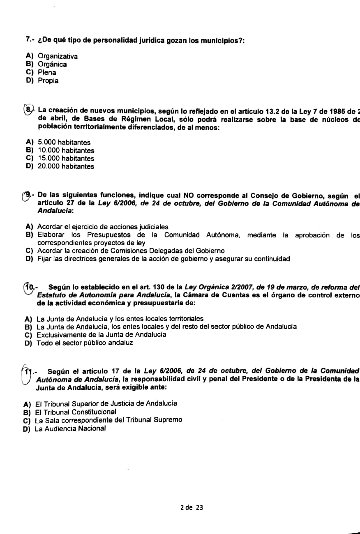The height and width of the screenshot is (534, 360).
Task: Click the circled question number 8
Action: point(28,110)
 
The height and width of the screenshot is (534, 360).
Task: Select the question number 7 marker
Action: point(29,40)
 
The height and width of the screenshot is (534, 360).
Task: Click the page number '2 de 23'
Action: point(192,507)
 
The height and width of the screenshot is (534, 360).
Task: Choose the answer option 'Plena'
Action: point(47,73)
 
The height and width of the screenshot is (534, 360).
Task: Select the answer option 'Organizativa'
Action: point(58,56)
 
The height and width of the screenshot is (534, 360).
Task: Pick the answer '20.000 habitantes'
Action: point(66,166)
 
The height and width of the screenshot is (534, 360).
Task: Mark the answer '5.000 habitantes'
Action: point(64,143)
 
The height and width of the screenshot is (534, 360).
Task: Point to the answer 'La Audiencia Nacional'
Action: point(70,428)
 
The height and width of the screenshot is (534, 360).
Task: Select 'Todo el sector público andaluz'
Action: point(85,343)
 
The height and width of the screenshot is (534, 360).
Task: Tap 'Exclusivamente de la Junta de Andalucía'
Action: point(101,335)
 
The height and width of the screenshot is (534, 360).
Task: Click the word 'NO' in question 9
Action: point(189,196)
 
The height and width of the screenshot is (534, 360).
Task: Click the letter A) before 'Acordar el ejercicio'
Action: point(29,227)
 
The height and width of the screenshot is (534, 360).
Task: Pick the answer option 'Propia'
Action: point(48,81)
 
